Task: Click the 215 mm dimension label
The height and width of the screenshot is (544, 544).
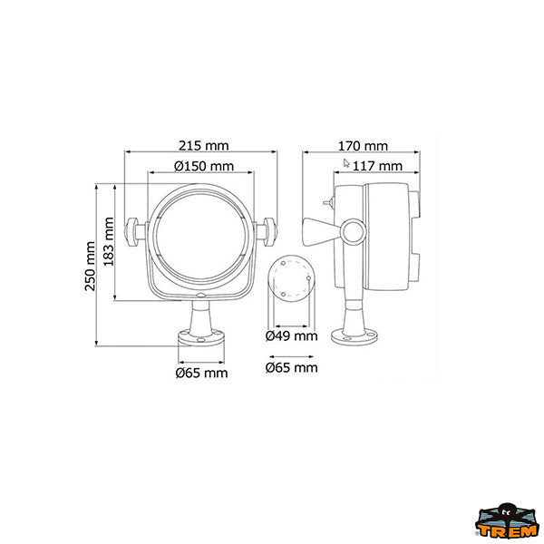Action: pyautogui.click(x=204, y=146)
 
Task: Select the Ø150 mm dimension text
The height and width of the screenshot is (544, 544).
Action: pyautogui.click(x=204, y=166)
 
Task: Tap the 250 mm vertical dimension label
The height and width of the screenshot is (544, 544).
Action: pyautogui.click(x=90, y=266)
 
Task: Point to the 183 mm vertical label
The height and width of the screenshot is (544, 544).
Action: pyautogui.click(x=109, y=241)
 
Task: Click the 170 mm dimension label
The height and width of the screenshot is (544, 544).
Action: pyautogui.click(x=363, y=146)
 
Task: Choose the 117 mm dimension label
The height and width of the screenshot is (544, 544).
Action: pyautogui.click(x=377, y=166)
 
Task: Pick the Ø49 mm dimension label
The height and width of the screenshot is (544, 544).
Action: pyautogui.click(x=291, y=335)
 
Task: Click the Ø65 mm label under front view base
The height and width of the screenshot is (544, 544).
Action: pyautogui.click(x=201, y=373)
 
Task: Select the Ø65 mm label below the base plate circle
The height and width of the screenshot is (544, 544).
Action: pyautogui.click(x=291, y=368)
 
